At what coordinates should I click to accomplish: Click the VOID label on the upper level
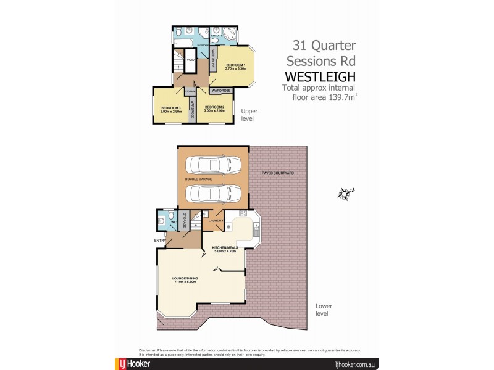tap(191, 60)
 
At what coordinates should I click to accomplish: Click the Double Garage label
tap(198, 179)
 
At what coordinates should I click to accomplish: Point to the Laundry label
tap(216, 220)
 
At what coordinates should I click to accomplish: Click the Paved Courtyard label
tap(277, 173)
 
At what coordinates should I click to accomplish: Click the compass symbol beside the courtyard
tap(344, 194)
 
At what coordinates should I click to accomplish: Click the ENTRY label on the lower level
tap(159, 240)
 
